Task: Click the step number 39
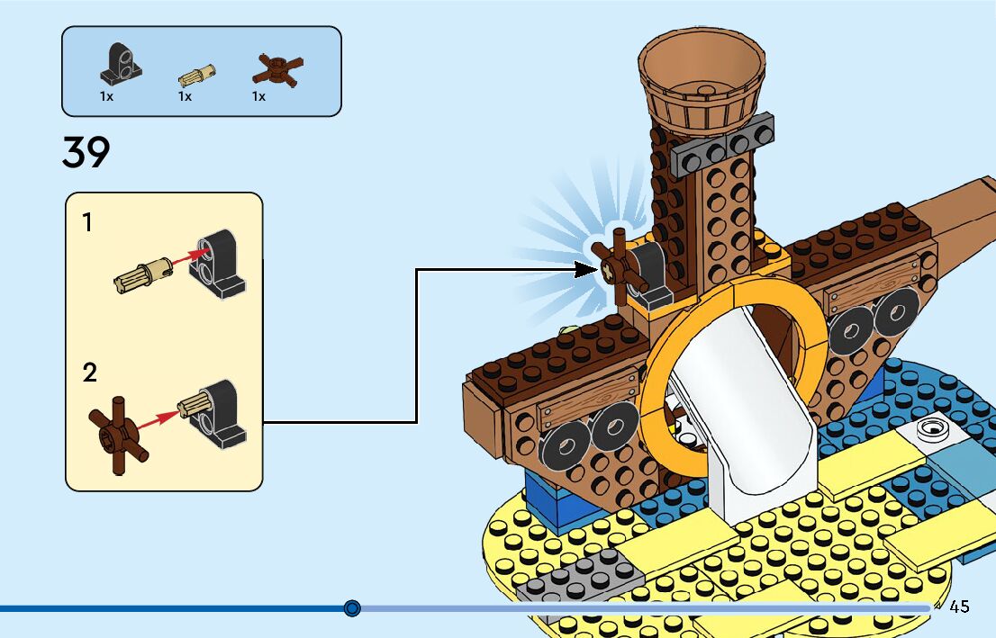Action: [x=86, y=153]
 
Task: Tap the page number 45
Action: [x=959, y=607]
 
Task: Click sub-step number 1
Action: [x=87, y=222]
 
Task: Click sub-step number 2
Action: [x=89, y=373]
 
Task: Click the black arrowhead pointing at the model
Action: [x=583, y=267]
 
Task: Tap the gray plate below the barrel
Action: [x=723, y=144]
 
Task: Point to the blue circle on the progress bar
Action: [x=352, y=608]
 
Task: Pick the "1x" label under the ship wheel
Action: [x=259, y=96]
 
